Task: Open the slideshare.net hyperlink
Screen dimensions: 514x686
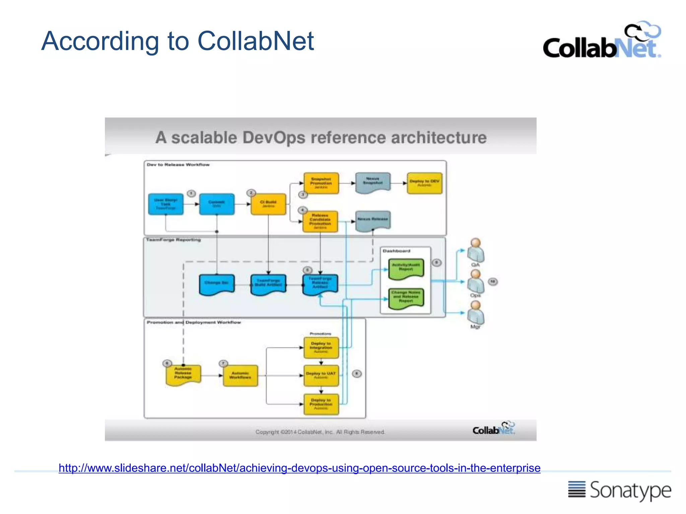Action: coord(299,468)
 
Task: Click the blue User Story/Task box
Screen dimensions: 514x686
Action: coord(166,204)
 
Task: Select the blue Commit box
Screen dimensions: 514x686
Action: coord(217,204)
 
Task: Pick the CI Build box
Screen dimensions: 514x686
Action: coord(268,204)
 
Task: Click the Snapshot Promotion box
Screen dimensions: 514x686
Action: coord(321,183)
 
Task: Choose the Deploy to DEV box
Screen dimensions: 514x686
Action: coord(424,183)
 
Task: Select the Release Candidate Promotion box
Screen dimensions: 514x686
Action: coord(320,221)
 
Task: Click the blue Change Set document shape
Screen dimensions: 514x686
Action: coord(217,284)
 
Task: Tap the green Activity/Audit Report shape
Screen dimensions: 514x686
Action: coord(406,268)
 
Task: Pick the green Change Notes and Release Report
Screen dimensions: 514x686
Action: coord(406,298)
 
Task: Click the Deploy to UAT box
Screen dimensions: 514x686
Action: coord(321,375)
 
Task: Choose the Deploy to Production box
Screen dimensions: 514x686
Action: coord(321,404)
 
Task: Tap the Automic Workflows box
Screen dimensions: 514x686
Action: coord(241,375)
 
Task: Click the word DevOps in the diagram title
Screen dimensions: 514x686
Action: coord(274,138)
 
